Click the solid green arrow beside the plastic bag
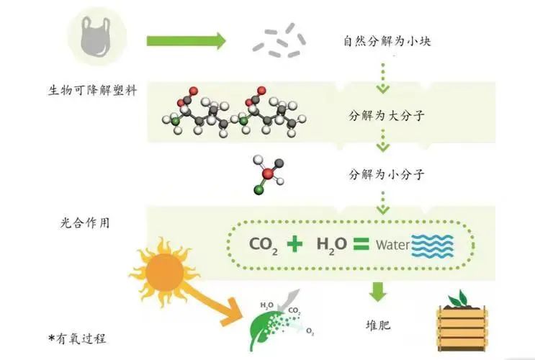tap(186, 41)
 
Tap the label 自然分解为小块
tap(387, 41)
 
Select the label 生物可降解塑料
tap(92, 91)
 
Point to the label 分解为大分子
tap(387, 116)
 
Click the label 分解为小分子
tap(387, 174)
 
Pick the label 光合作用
tap(85, 222)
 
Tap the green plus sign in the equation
tap(295, 243)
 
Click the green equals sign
tap(361, 243)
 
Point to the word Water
tap(392, 245)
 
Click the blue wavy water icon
tap(433, 246)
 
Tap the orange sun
tap(164, 272)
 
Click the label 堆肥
tap(378, 325)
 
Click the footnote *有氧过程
tap(77, 339)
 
